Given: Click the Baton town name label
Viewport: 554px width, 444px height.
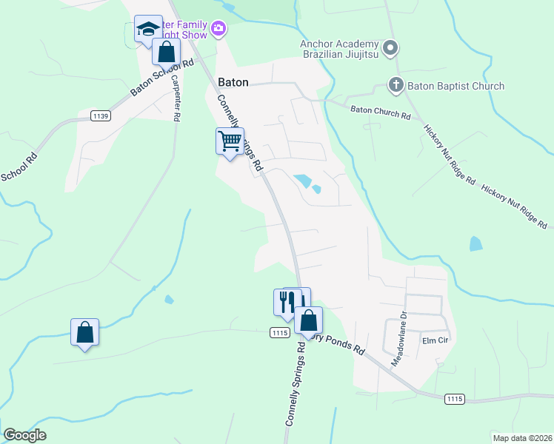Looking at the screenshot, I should coord(233,82).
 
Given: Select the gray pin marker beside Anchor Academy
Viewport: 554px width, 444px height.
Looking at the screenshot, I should coord(392,49).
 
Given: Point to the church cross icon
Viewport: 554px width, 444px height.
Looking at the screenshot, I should coord(396,86).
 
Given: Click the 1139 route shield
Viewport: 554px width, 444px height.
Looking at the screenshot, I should coord(101,115).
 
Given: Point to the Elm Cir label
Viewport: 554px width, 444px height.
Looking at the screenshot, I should coord(432,341).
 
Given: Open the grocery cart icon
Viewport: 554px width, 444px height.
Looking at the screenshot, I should coord(230,141).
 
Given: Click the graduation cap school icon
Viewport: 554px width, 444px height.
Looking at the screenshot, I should coord(147,30).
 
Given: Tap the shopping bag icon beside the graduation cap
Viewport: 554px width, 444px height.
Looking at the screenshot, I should coord(166,53).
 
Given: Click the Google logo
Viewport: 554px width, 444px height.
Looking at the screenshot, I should coord(25,434).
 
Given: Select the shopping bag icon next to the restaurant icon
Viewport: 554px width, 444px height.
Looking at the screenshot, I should coord(309,321).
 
